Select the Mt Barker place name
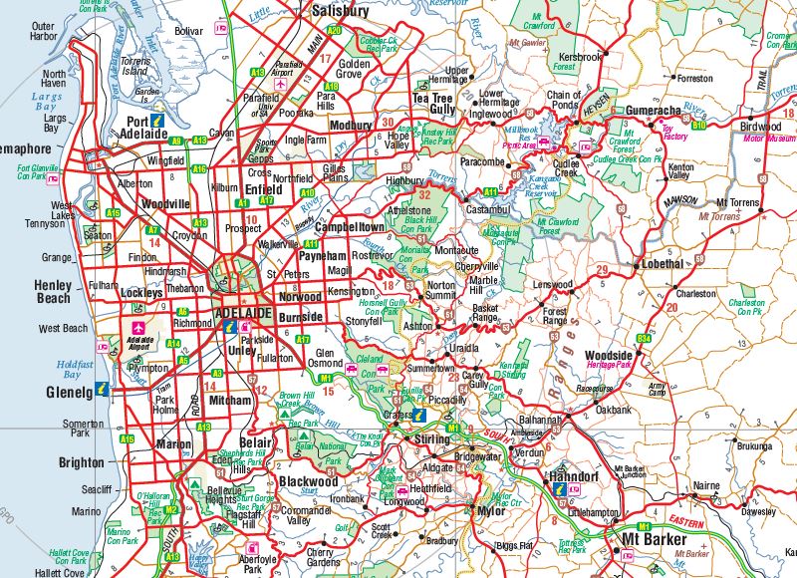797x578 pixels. click(650, 539)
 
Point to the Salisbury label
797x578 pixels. click(340, 12)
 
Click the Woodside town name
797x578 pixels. click(609, 356)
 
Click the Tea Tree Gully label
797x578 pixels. click(434, 103)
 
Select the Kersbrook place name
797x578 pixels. click(581, 57)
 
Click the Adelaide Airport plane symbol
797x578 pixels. click(135, 327)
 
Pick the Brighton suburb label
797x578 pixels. click(81, 462)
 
